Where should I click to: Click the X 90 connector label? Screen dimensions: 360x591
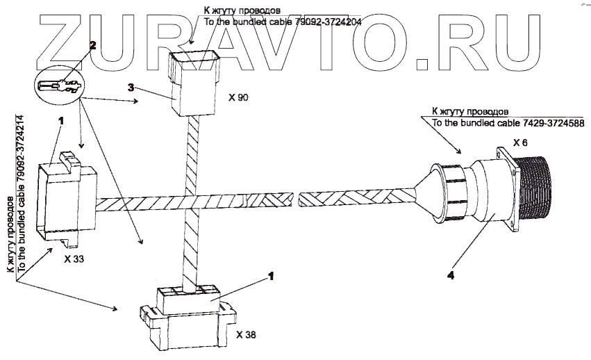(238, 97)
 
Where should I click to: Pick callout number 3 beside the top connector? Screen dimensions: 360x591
(130, 88)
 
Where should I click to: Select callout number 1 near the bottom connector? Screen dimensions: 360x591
(272, 276)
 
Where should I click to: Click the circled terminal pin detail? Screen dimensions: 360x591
(58, 87)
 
